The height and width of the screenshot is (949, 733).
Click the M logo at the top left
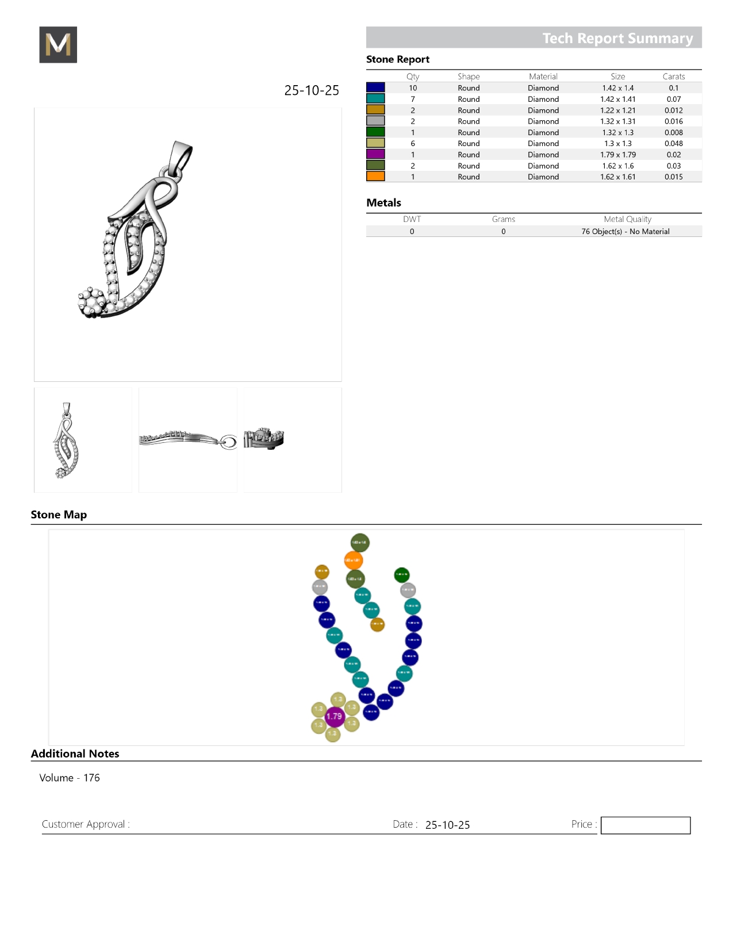tap(58, 45)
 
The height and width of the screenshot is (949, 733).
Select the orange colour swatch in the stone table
tap(375, 177)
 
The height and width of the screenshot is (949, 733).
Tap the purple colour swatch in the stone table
tap(375, 154)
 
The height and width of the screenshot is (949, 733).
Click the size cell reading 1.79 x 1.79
tap(617, 155)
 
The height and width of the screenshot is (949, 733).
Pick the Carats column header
tap(673, 76)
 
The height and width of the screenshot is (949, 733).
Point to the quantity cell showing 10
tap(413, 88)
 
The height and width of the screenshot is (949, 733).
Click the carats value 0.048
tap(673, 144)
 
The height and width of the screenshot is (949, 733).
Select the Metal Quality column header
tap(627, 219)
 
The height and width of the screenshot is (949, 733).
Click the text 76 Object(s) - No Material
tap(625, 232)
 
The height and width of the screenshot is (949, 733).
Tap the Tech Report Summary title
tap(617, 39)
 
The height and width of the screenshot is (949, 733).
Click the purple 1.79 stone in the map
tap(334, 716)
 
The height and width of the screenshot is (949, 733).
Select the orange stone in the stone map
tap(353, 560)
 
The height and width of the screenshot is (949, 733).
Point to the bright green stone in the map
tap(401, 574)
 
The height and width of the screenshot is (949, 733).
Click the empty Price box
tap(645, 825)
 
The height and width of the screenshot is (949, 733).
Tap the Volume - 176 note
tap(70, 778)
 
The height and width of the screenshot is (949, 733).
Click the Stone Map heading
tap(59, 515)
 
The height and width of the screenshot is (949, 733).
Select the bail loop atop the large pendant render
tap(181, 155)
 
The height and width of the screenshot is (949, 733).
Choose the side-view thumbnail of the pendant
tap(188, 440)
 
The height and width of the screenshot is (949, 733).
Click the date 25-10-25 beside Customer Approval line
tap(447, 825)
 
